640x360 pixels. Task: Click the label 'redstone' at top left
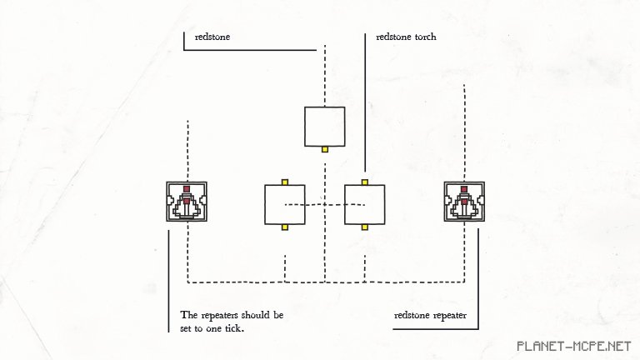tap(212, 37)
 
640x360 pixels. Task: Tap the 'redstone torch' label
tap(406, 37)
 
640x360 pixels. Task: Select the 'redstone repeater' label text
tap(430, 316)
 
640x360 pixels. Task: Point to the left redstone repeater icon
tap(187, 202)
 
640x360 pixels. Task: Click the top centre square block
tap(325, 126)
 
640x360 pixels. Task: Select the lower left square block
tap(285, 204)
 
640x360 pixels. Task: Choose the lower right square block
tap(365, 204)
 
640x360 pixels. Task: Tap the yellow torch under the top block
tap(325, 149)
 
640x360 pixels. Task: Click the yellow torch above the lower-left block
tap(285, 181)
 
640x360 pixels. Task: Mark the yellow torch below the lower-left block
tap(285, 227)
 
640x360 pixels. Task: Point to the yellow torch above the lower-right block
tap(365, 181)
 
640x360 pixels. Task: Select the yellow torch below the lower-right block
tap(365, 227)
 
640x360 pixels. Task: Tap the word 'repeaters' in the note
tap(221, 316)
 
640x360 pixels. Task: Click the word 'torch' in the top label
tap(422, 37)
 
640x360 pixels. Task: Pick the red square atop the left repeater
tap(187, 188)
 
